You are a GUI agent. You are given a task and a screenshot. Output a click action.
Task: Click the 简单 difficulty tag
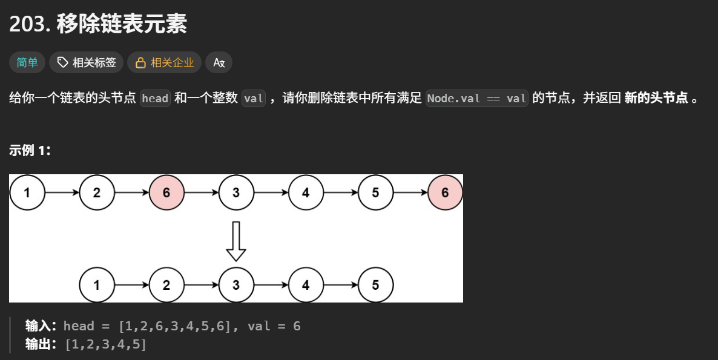click(27, 63)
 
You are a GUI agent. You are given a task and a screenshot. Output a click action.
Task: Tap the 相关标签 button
click(86, 63)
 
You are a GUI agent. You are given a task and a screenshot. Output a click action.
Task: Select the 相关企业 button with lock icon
click(165, 63)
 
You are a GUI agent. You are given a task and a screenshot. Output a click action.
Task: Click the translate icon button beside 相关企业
click(219, 63)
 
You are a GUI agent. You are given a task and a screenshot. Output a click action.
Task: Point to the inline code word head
click(155, 99)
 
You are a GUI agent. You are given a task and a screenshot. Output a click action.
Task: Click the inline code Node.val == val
click(476, 99)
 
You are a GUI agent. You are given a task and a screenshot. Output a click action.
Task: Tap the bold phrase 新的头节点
click(656, 98)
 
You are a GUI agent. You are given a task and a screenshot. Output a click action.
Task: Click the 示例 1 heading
click(28, 150)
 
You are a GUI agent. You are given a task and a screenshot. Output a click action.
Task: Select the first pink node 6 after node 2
click(166, 192)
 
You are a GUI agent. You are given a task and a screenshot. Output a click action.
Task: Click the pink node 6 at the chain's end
click(445, 192)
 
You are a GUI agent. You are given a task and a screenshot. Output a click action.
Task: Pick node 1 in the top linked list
click(27, 192)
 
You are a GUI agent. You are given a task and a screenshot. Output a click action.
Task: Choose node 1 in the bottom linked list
click(97, 285)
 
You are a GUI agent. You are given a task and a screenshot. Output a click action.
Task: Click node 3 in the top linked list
click(236, 192)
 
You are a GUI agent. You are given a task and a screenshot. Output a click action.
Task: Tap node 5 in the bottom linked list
click(375, 285)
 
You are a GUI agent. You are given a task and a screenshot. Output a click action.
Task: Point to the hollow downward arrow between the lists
click(236, 241)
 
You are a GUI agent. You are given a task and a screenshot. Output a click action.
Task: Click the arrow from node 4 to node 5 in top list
click(341, 192)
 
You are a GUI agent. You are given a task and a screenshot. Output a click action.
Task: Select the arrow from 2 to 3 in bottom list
click(202, 285)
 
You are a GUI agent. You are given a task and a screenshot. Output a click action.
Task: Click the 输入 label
click(41, 326)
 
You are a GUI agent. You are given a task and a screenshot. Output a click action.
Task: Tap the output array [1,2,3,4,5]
click(106, 344)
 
